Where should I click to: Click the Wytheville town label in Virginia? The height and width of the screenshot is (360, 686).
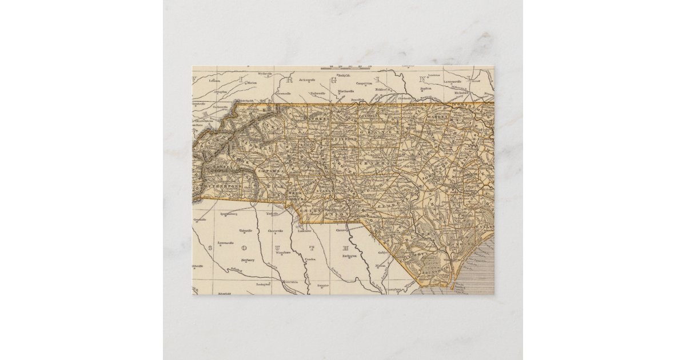[x=265, y=74]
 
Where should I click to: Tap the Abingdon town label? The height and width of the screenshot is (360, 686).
[x=214, y=91]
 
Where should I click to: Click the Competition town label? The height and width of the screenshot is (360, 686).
[x=364, y=84]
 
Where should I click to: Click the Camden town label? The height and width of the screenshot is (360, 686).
[x=311, y=259]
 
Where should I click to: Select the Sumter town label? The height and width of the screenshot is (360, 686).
[x=324, y=284]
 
